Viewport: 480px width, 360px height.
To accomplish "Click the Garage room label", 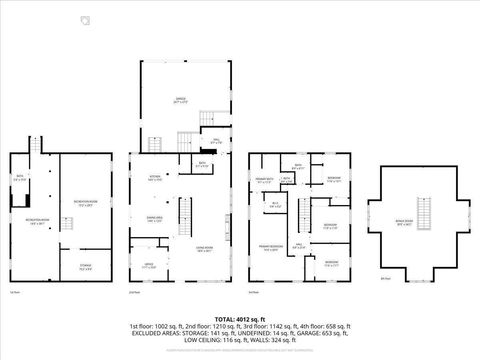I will point(182,100).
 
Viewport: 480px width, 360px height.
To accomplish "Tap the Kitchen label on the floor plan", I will point(156,178).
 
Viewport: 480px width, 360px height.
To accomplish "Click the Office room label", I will point(148,266).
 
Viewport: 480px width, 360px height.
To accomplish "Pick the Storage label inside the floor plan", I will point(85,266).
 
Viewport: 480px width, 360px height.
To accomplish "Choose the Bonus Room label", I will point(404,226).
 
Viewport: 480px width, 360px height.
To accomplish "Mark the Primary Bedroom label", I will point(269,248).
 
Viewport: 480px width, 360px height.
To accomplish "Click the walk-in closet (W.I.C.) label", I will point(276,205).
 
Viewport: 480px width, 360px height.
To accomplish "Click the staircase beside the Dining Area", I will point(183,213).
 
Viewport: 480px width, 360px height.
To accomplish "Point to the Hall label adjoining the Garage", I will point(215,141).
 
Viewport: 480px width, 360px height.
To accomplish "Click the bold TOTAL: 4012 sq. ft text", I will point(239,318).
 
